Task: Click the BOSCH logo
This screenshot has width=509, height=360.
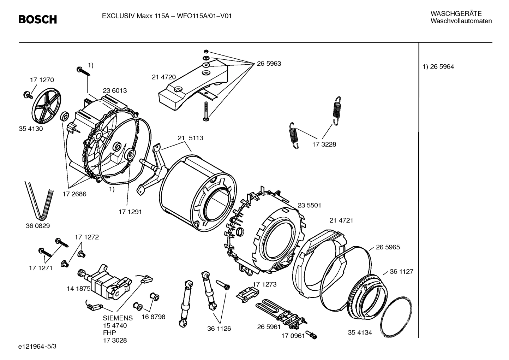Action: pyautogui.click(x=37, y=19)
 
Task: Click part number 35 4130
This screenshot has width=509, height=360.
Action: pyautogui.click(x=31, y=129)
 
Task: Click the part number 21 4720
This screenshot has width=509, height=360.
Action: pyautogui.click(x=164, y=77)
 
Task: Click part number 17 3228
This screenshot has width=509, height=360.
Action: pyautogui.click(x=324, y=144)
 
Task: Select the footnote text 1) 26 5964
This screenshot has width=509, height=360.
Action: pyautogui.click(x=438, y=67)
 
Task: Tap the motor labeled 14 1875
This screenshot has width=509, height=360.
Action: pyautogui.click(x=104, y=282)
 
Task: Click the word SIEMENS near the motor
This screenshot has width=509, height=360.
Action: pyautogui.click(x=118, y=318)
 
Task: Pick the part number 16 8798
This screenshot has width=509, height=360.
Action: pyautogui.click(x=154, y=317)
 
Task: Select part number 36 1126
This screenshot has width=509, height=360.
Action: pyautogui.click(x=219, y=329)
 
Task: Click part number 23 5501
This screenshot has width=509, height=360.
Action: pyautogui.click(x=309, y=205)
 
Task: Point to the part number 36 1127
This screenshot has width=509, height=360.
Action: pyautogui.click(x=401, y=272)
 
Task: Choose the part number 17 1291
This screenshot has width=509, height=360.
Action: pyautogui.click(x=130, y=212)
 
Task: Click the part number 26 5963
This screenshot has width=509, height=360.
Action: pyautogui.click(x=269, y=64)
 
